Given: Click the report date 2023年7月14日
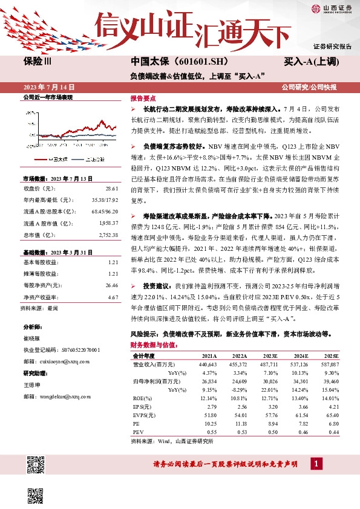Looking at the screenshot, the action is click(x=44, y=88).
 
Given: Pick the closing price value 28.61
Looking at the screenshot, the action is click(x=112, y=189).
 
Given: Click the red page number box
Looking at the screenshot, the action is click(x=315, y=463).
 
